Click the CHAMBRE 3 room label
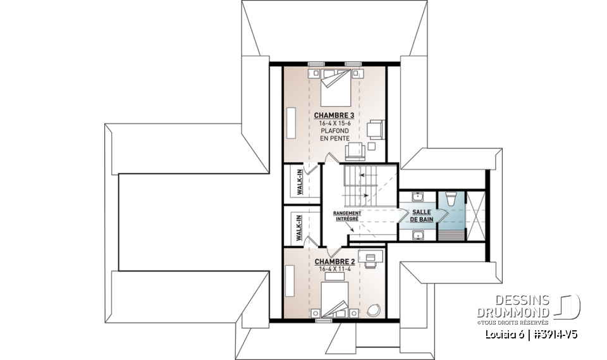click(x=333, y=115)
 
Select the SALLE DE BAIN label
click(x=422, y=216)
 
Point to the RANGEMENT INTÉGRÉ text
click(x=347, y=216)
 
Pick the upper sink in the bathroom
click(x=418, y=196)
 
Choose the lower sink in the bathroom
click(x=418, y=235)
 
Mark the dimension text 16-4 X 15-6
click(x=333, y=123)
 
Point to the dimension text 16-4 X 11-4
click(x=334, y=269)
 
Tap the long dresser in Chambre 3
click(x=293, y=122)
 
